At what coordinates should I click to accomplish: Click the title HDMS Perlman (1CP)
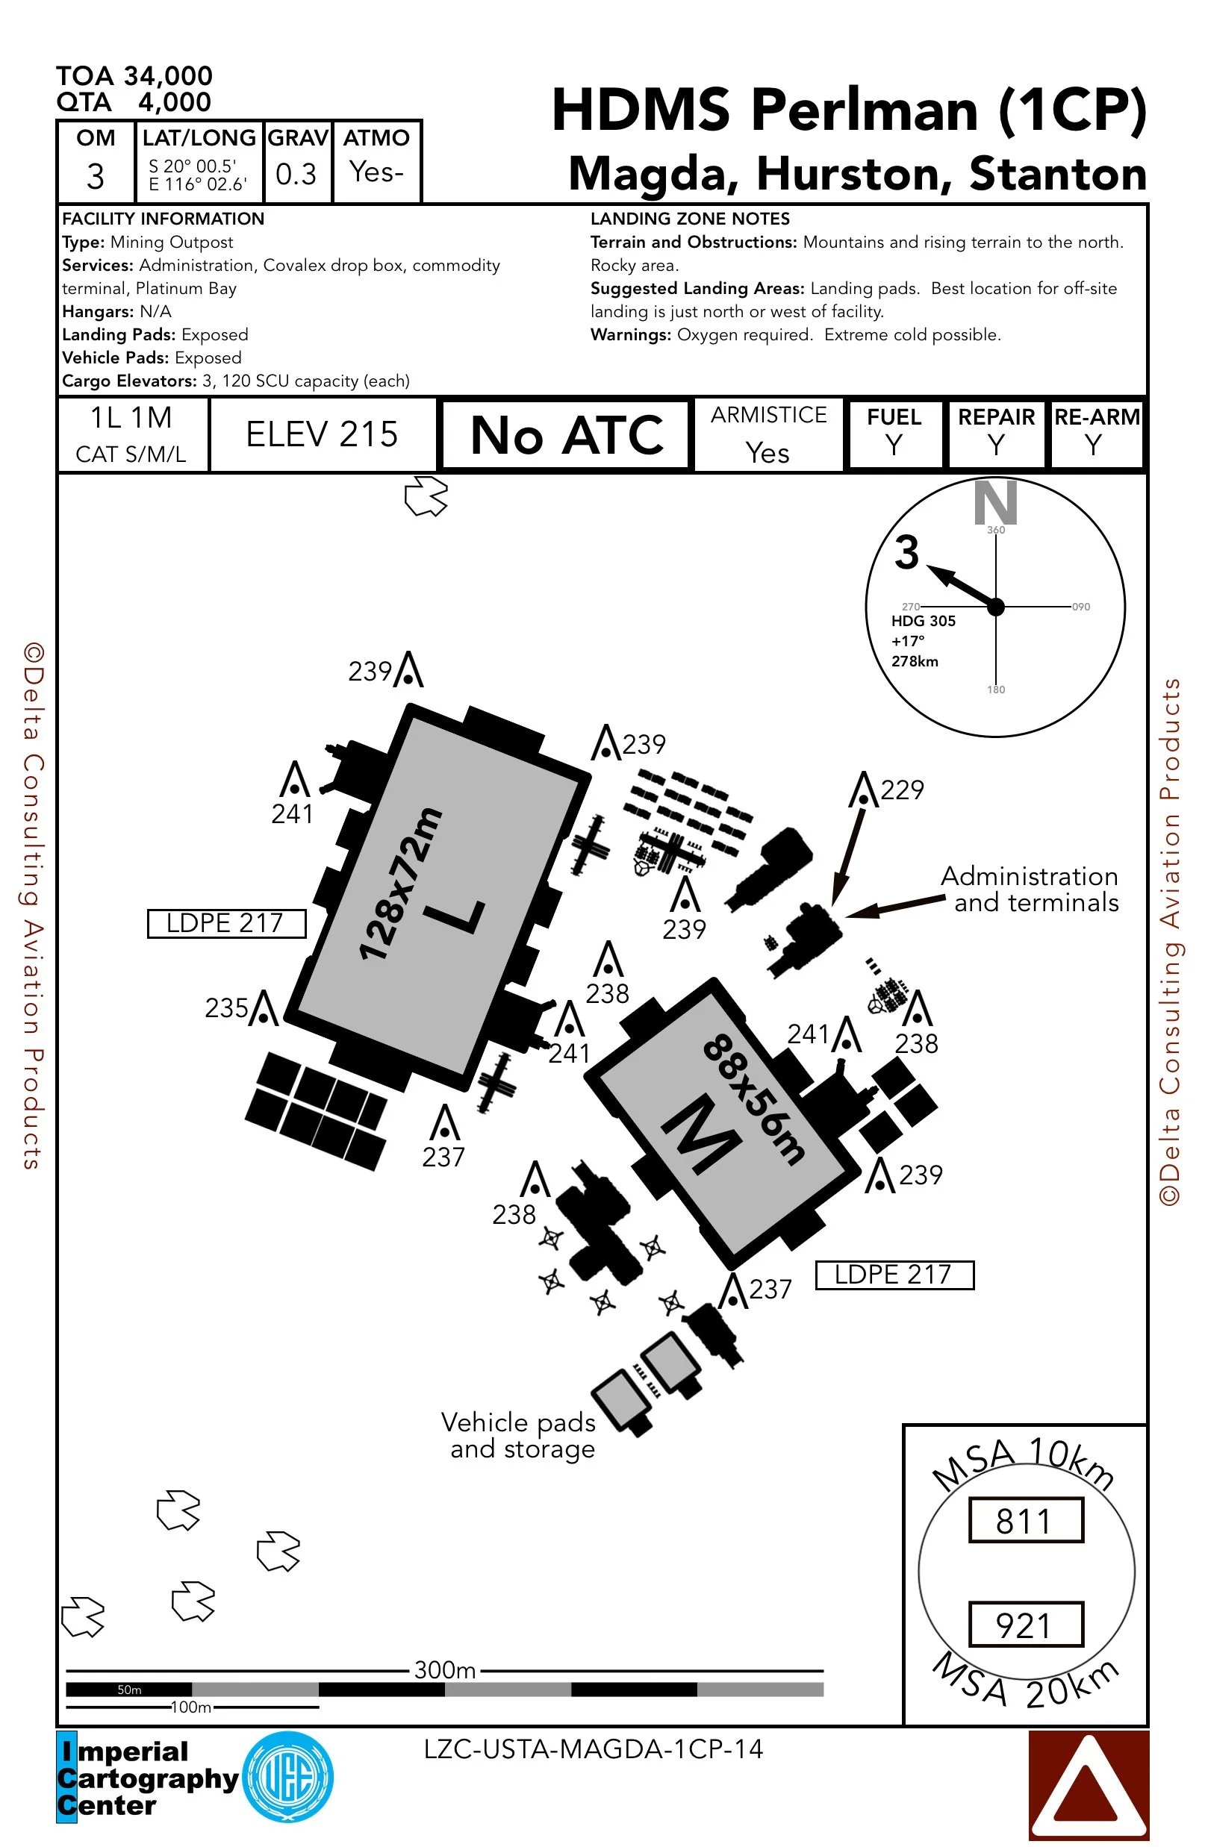(849, 110)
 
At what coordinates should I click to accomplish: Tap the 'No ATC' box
(566, 434)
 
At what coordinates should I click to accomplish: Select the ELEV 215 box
(322, 434)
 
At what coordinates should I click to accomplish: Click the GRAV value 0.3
(296, 174)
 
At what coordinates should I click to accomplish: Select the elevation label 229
(901, 790)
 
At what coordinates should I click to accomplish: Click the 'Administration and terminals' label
(1030, 890)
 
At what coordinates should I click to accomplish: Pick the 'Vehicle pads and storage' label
(520, 1436)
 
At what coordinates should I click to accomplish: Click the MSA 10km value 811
(1025, 1521)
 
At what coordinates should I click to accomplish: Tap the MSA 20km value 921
(1025, 1625)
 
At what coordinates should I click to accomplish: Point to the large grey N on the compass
(994, 503)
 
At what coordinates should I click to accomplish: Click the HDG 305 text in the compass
(922, 621)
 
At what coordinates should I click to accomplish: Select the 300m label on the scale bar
(444, 1669)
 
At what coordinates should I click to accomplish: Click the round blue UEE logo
(288, 1776)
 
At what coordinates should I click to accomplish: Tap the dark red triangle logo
(1088, 1785)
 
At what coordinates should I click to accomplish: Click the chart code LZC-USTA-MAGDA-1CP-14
(594, 1749)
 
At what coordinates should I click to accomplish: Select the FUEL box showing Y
(894, 434)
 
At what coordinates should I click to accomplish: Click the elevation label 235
(226, 1008)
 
